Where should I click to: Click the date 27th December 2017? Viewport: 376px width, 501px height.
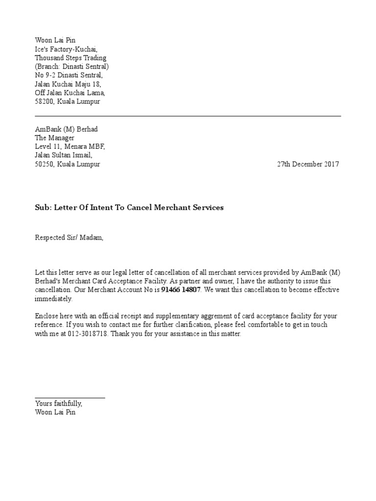coord(307,164)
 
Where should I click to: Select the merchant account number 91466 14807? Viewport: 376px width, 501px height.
coord(181,290)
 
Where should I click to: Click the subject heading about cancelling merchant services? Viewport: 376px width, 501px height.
coord(129,207)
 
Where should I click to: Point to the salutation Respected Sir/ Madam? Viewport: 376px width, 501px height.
coord(69,238)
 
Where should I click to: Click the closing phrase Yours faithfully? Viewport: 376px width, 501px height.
coord(59,404)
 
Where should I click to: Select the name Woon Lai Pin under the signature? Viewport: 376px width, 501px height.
coord(55,412)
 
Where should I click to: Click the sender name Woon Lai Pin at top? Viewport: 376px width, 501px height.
coord(55,41)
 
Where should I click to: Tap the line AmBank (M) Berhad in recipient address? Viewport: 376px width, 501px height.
coord(66,129)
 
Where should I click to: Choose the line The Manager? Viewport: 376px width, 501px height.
coord(54,138)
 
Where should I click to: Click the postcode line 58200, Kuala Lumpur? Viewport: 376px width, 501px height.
coord(67,102)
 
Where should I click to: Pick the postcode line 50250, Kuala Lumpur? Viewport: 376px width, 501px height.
coord(67,164)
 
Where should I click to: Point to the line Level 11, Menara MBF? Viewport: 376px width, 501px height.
coord(70,147)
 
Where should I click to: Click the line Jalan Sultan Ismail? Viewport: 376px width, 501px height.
coord(63,156)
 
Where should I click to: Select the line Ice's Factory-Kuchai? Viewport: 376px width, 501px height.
coord(66,49)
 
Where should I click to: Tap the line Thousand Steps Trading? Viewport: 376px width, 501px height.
coord(70,58)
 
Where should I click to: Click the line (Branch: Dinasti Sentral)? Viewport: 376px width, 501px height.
coord(72,67)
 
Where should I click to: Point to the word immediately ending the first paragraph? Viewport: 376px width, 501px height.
coord(53,299)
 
